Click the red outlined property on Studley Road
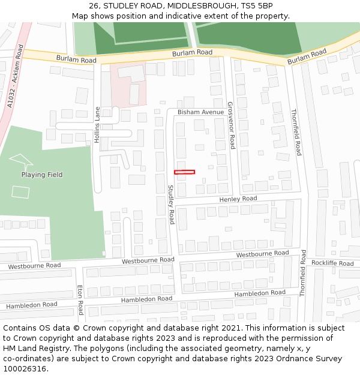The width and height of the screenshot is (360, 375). [x=184, y=172]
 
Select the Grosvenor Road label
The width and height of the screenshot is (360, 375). [x=231, y=125]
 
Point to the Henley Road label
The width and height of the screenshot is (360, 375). [x=238, y=199]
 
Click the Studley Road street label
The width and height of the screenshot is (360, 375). [x=170, y=205]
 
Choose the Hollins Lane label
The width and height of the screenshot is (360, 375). [x=97, y=124]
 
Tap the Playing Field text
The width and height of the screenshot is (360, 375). [x=42, y=175]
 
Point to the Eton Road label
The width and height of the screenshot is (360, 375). [x=80, y=300]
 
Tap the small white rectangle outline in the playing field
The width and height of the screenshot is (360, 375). [x=20, y=192]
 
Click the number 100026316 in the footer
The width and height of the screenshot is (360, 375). [x=25, y=368]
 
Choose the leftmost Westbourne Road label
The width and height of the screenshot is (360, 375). [x=34, y=265]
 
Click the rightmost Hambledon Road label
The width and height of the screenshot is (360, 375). [x=260, y=293]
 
